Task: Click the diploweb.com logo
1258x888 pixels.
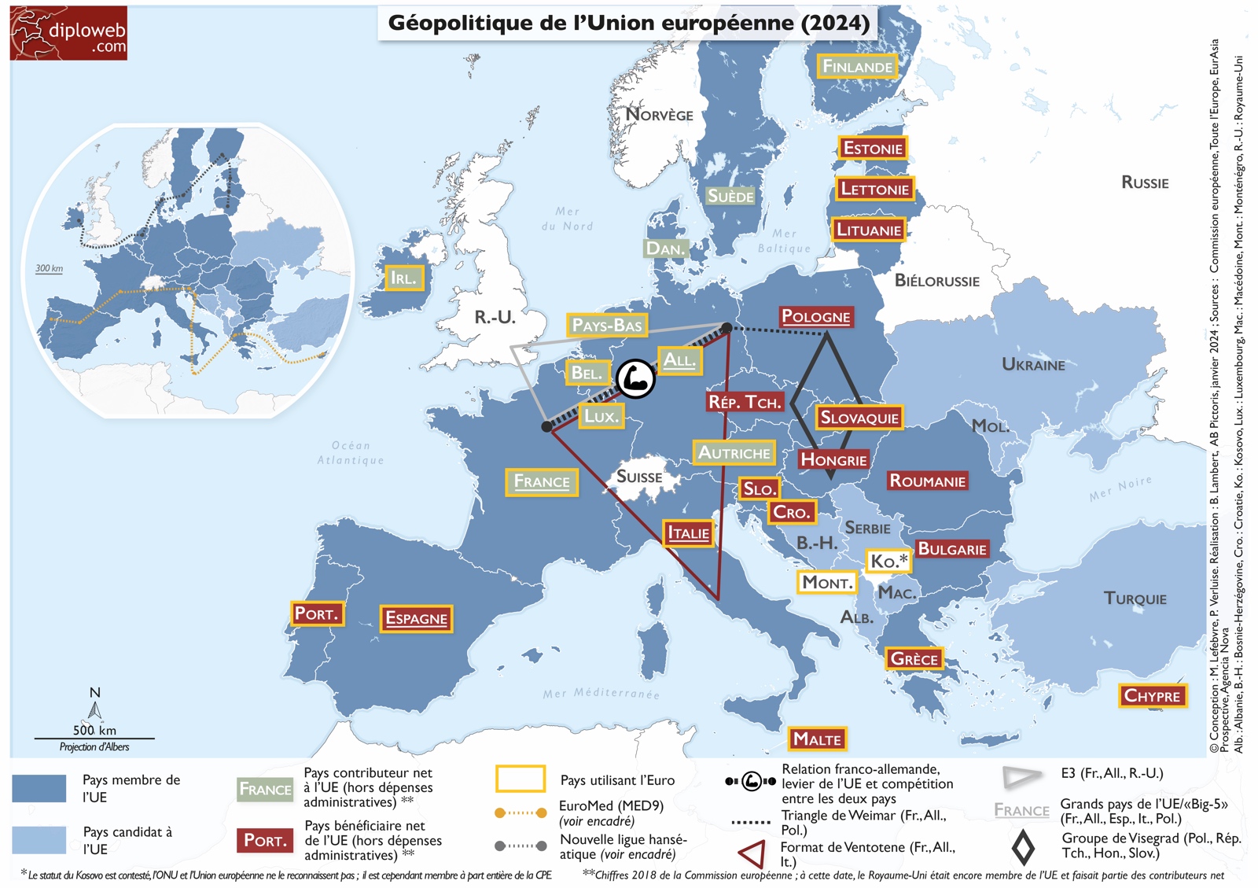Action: tap(68, 33)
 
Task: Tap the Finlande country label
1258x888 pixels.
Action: tap(857, 67)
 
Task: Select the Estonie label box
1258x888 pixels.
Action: tap(873, 148)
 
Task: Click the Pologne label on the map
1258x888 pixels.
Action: tap(815, 317)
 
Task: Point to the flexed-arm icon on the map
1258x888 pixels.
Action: tap(635, 379)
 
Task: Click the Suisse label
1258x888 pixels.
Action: tap(638, 477)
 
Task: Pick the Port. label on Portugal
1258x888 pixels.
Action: tap(316, 613)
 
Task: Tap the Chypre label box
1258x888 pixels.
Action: tap(1152, 695)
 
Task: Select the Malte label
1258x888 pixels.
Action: tap(817, 739)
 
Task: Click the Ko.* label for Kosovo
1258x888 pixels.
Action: tap(888, 561)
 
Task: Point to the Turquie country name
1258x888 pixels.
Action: tap(1135, 599)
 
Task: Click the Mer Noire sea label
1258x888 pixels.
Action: tap(1120, 488)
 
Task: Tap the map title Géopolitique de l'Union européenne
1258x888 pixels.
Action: tap(628, 23)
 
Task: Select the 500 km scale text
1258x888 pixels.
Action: tap(94, 730)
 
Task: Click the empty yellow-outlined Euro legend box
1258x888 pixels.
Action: tap(520, 779)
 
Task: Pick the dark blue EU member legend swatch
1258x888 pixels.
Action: tap(39, 788)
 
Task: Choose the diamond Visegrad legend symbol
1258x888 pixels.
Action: tap(1022, 846)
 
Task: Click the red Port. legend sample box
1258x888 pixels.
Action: tap(264, 840)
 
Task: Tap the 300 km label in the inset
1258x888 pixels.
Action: tap(49, 268)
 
